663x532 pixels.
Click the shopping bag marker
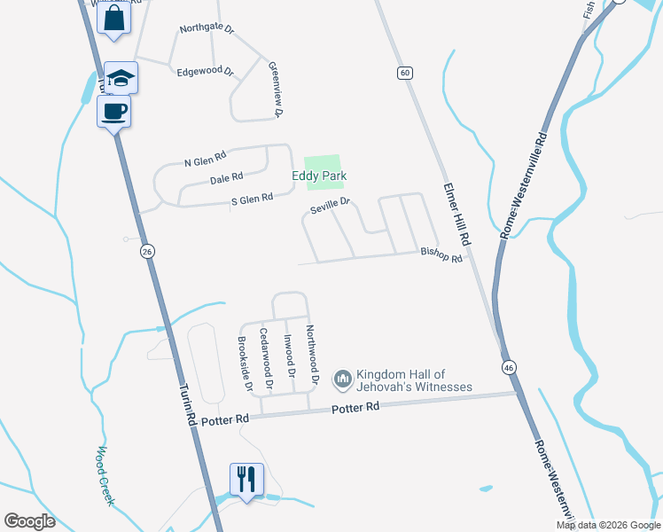(114, 18)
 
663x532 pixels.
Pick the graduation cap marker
(120, 78)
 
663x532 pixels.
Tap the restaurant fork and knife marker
(245, 480)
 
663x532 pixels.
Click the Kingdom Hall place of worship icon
(343, 380)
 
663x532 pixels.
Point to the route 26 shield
(147, 253)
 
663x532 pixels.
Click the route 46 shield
(508, 367)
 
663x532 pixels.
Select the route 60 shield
(404, 73)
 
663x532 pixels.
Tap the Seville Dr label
(330, 207)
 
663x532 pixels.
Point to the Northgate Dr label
(206, 28)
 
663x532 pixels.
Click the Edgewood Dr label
(204, 72)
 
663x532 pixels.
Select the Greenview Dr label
(275, 90)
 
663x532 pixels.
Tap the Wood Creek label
(107, 475)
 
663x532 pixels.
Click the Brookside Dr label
(244, 364)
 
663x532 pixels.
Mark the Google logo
(30, 521)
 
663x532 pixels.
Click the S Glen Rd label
(252, 200)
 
